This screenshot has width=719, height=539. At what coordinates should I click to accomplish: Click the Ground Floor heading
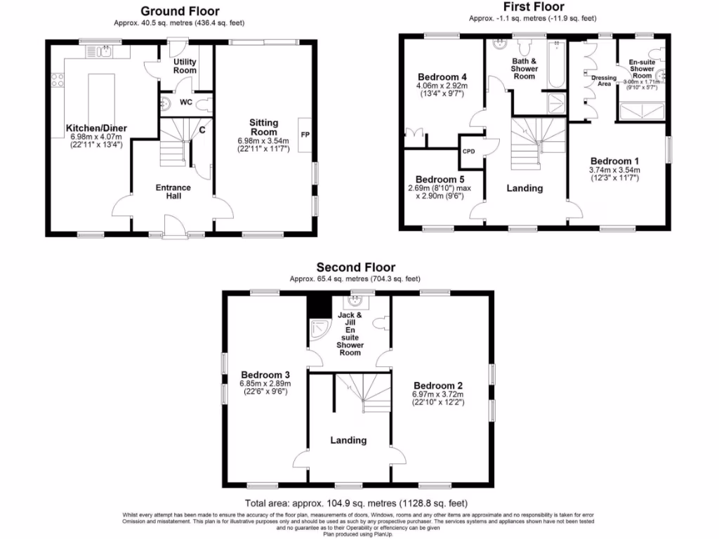pyautogui.click(x=180, y=11)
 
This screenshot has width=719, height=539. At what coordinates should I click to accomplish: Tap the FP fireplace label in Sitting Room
pyautogui.click(x=305, y=134)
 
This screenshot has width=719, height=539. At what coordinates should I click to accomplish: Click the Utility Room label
pyautogui.click(x=185, y=66)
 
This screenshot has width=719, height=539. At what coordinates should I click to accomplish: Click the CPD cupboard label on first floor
pyautogui.click(x=468, y=150)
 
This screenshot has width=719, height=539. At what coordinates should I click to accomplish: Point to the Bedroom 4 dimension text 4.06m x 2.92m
pyautogui.click(x=442, y=86)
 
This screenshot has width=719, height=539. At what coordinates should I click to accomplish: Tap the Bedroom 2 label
pyautogui.click(x=438, y=385)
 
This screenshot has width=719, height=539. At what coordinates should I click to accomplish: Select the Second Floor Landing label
pyautogui.click(x=348, y=440)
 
